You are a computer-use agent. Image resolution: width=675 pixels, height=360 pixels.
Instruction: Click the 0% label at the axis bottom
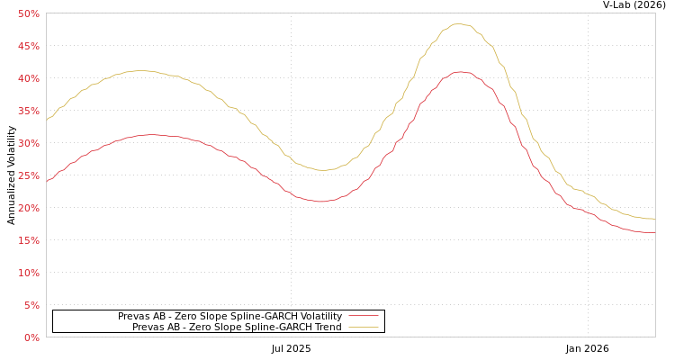tap(31, 337)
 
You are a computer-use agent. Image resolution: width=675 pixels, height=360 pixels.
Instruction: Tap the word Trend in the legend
tap(327, 328)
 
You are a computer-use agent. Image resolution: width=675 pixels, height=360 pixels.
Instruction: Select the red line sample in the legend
tap(363, 317)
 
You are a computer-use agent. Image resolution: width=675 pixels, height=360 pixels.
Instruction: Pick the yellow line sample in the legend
tap(363, 328)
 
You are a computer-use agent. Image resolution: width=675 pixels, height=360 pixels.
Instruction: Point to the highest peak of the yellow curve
tap(458, 24)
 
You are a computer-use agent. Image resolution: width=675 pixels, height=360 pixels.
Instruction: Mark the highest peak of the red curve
tap(460, 72)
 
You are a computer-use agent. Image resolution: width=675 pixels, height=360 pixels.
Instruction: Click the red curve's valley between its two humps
tap(321, 201)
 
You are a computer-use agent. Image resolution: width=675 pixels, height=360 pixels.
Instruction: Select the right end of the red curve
tap(653, 232)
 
